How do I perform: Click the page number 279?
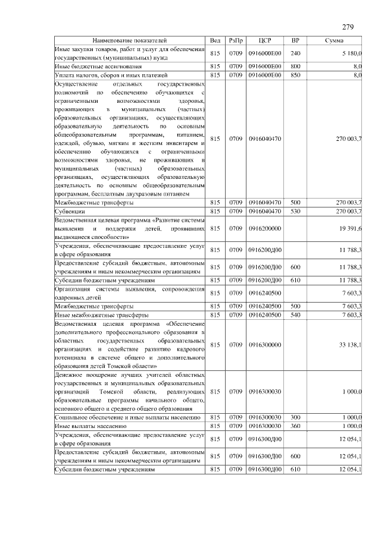click(x=348, y=27)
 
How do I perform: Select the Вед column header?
click(x=215, y=40)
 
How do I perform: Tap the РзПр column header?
click(x=235, y=40)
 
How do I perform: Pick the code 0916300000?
click(x=265, y=345)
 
